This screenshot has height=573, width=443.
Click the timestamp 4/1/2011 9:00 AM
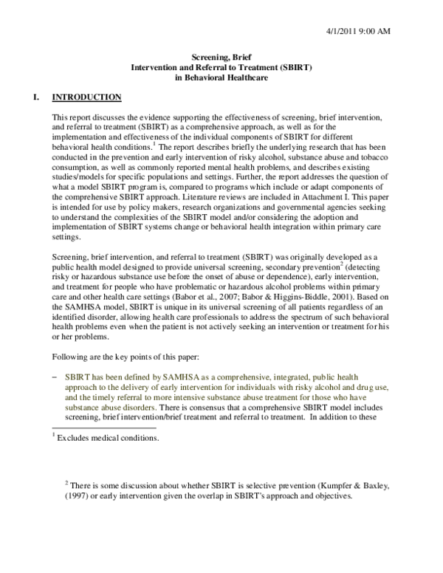click(379, 30)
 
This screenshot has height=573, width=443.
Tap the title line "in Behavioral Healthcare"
click(221, 77)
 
